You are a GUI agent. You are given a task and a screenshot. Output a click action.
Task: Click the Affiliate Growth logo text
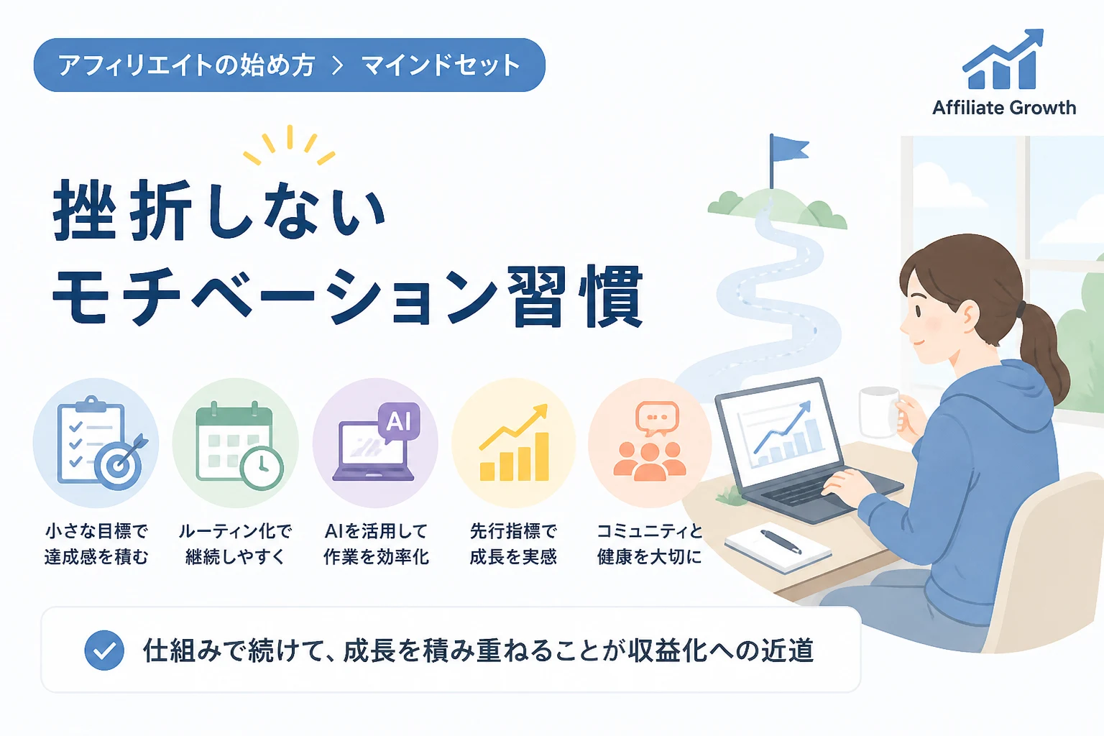click(1004, 108)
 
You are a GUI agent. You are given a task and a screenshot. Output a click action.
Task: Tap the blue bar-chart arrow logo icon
click(1003, 59)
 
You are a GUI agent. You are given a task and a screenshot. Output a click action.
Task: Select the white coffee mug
click(879, 412)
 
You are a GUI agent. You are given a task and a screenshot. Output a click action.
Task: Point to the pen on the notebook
click(781, 542)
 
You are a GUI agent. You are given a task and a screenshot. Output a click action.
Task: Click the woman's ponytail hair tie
click(1020, 309)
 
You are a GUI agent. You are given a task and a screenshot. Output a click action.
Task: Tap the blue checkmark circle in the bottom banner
click(104, 650)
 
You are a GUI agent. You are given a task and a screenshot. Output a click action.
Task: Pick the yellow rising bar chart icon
click(514, 443)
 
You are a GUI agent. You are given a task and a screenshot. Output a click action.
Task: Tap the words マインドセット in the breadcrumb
click(441, 65)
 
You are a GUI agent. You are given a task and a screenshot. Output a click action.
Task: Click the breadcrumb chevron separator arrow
click(338, 65)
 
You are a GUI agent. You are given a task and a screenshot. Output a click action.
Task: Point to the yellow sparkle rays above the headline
click(290, 144)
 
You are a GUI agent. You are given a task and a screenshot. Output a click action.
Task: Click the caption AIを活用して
click(376, 531)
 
